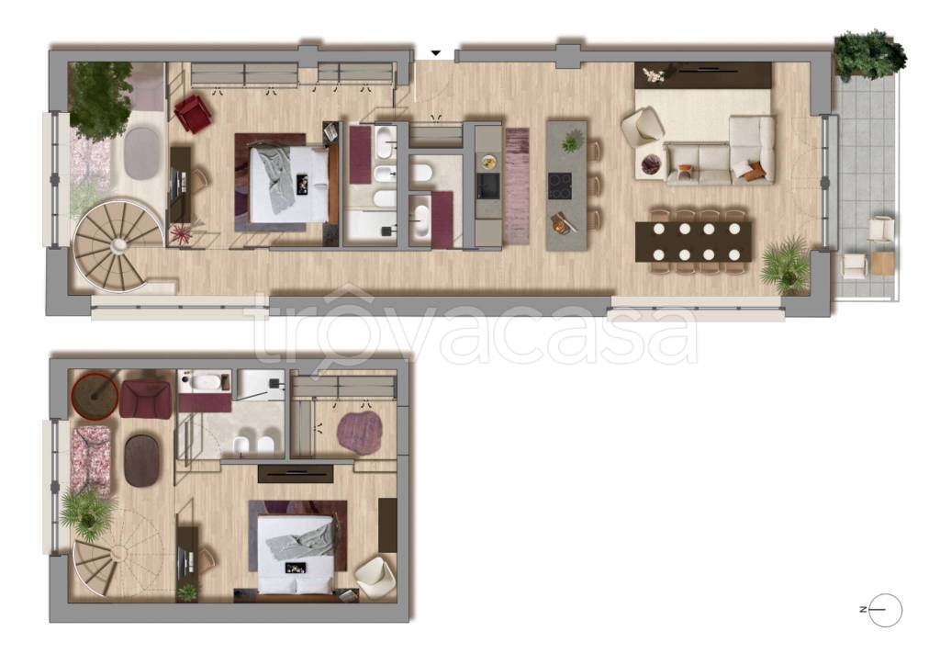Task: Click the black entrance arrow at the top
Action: click(x=436, y=52)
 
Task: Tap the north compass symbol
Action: click(x=884, y=610)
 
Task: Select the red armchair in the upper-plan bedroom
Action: click(x=193, y=113)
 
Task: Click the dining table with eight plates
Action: click(x=694, y=242)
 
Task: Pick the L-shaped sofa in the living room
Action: click(x=721, y=151)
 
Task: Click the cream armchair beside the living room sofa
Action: click(x=642, y=127)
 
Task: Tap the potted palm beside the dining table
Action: click(x=785, y=265)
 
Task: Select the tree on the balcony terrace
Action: click(x=870, y=55)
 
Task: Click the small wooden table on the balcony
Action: click(x=882, y=264)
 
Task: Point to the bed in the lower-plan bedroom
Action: click(x=296, y=553)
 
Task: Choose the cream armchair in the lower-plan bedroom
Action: click(x=375, y=577)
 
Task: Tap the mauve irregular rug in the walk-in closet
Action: click(x=360, y=432)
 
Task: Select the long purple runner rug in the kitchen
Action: click(x=517, y=186)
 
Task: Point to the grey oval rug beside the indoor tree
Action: click(x=142, y=152)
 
